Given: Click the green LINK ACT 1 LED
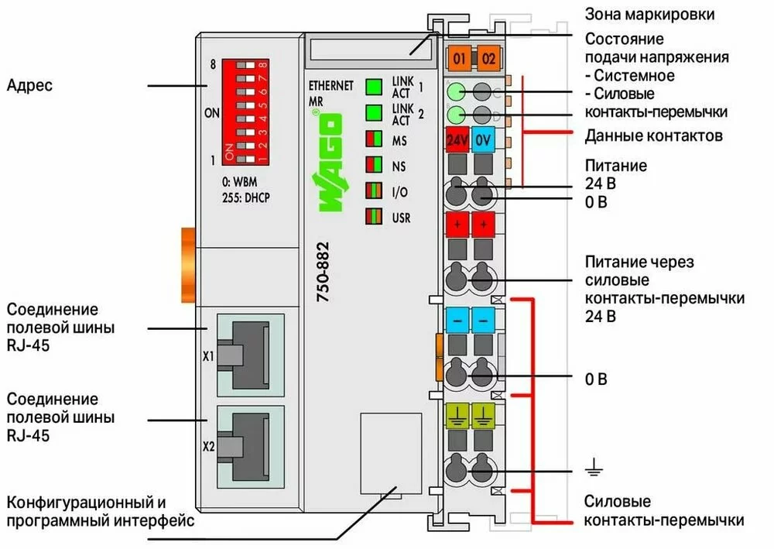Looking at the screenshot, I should coord(375,86).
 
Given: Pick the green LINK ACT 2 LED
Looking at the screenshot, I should coord(375,114).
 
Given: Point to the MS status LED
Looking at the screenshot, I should coord(375,141).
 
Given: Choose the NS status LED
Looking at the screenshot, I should coord(375,166).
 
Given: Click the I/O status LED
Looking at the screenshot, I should coord(375,191).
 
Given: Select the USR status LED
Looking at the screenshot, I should coord(375,217).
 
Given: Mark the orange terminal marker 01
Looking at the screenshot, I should coord(460,58).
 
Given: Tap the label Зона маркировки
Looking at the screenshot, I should coord(649,14).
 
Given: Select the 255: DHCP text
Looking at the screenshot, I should coord(247,197).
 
